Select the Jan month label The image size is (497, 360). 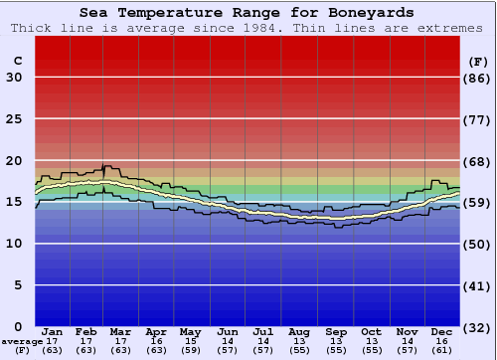(54, 331)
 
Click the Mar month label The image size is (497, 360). (121, 331)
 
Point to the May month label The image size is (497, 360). (190, 331)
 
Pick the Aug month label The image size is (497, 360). (299, 331)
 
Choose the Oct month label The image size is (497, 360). (371, 331)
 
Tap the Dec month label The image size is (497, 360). (442, 331)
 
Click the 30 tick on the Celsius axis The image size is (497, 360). (14, 78)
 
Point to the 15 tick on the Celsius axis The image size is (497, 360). (14, 202)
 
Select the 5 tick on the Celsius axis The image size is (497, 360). (18, 285)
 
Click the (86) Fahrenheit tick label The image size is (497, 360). (478, 78)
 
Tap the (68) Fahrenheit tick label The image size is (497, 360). (478, 161)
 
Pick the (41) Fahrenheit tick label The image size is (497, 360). (478, 285)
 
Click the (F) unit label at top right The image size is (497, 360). (478, 61)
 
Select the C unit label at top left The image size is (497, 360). (17, 61)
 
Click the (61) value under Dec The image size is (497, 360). (442, 350)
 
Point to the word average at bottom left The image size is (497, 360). (22, 341)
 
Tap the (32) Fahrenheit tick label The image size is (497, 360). (478, 327)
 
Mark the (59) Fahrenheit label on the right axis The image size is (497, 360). (478, 202)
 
